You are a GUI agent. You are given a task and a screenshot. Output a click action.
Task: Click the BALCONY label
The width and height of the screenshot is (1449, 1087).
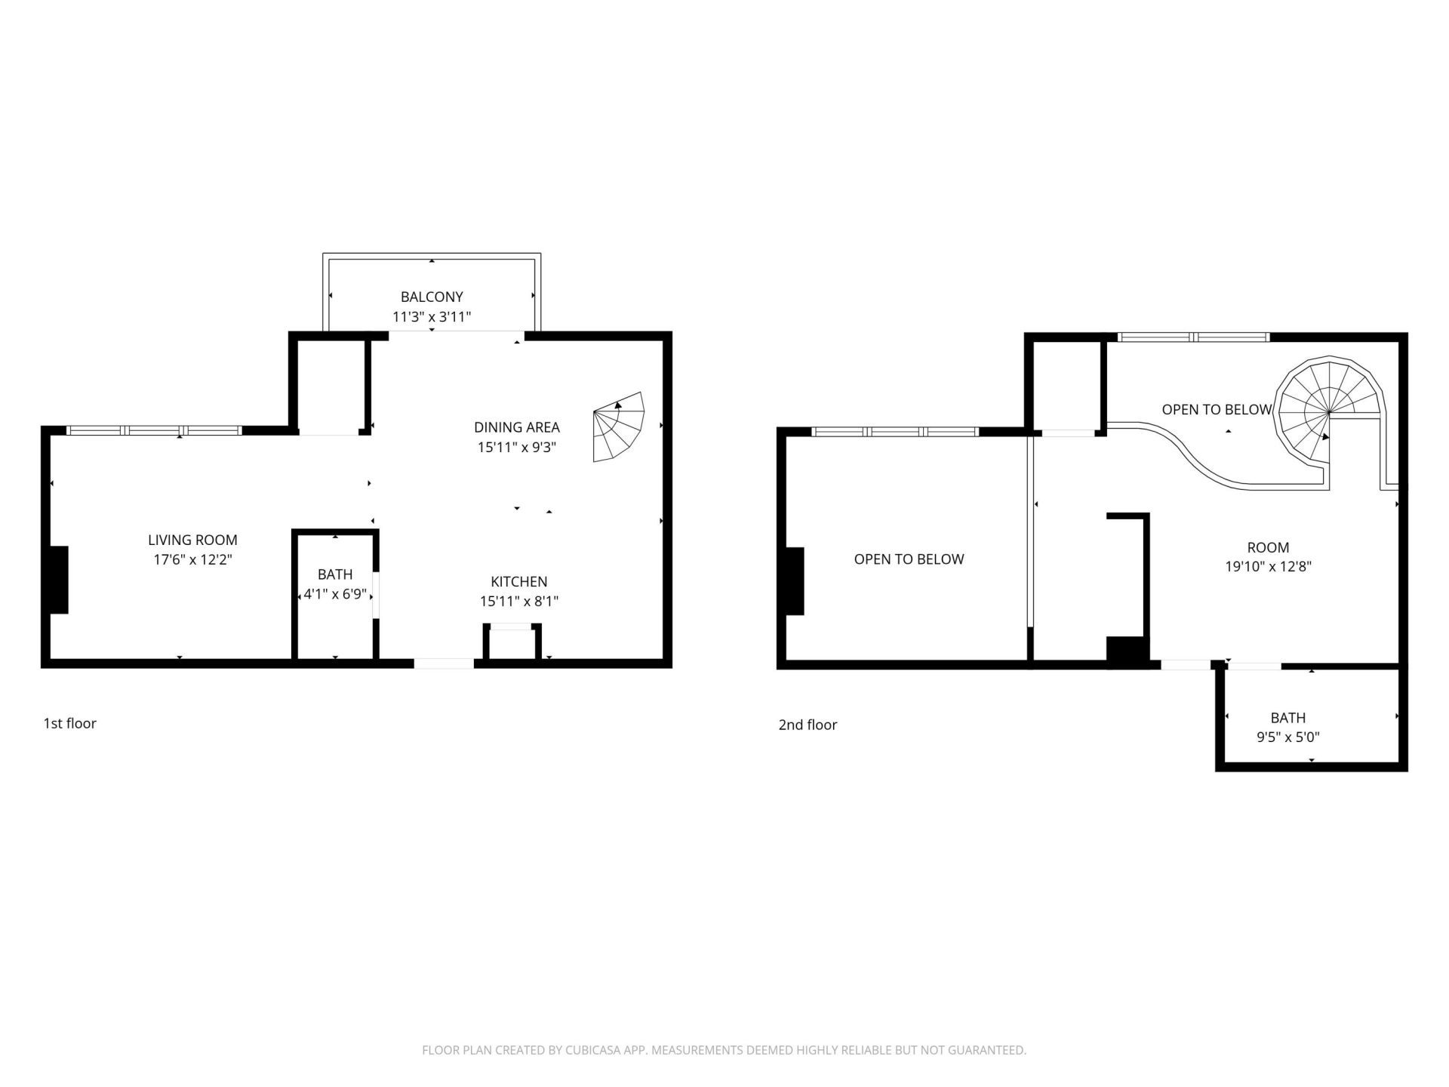(432, 297)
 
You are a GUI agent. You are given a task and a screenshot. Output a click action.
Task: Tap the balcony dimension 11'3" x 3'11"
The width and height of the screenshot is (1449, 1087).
(432, 317)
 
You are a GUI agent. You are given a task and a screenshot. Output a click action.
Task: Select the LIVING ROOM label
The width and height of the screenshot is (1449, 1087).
(192, 540)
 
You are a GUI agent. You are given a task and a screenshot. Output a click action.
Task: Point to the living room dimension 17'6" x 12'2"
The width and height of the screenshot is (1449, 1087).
(192, 560)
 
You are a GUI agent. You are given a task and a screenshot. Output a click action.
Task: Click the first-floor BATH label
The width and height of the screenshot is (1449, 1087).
(335, 574)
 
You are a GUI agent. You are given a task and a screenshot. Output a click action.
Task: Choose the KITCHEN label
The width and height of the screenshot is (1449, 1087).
(518, 581)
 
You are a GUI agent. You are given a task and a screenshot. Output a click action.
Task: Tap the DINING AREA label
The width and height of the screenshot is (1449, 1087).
(517, 427)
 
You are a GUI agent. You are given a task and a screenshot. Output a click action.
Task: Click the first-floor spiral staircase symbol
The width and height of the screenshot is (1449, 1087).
(619, 427)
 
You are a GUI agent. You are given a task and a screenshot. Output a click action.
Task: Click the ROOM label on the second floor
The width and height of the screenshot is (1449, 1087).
(1268, 547)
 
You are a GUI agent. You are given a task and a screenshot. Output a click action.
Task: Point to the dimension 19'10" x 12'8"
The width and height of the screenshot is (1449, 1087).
(1268, 567)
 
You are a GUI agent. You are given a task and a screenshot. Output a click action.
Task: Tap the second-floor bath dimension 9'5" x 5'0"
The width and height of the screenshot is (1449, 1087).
(1287, 737)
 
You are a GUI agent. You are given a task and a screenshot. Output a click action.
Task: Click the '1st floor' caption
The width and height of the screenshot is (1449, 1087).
(69, 723)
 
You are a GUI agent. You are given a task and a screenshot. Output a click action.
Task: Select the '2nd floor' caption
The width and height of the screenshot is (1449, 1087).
(808, 725)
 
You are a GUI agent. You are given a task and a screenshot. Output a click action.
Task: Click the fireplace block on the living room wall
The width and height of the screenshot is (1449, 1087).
(59, 580)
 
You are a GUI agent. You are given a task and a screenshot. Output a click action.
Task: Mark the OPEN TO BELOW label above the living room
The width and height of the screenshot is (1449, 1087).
(909, 559)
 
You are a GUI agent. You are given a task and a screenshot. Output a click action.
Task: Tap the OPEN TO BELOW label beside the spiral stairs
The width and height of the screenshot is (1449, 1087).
(1217, 410)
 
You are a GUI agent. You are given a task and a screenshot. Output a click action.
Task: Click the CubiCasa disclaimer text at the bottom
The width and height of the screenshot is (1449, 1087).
(724, 1050)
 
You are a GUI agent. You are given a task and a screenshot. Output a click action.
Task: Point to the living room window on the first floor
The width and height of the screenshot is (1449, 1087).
(154, 431)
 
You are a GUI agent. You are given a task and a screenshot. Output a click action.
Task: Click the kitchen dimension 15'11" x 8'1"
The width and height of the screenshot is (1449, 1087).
(518, 602)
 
